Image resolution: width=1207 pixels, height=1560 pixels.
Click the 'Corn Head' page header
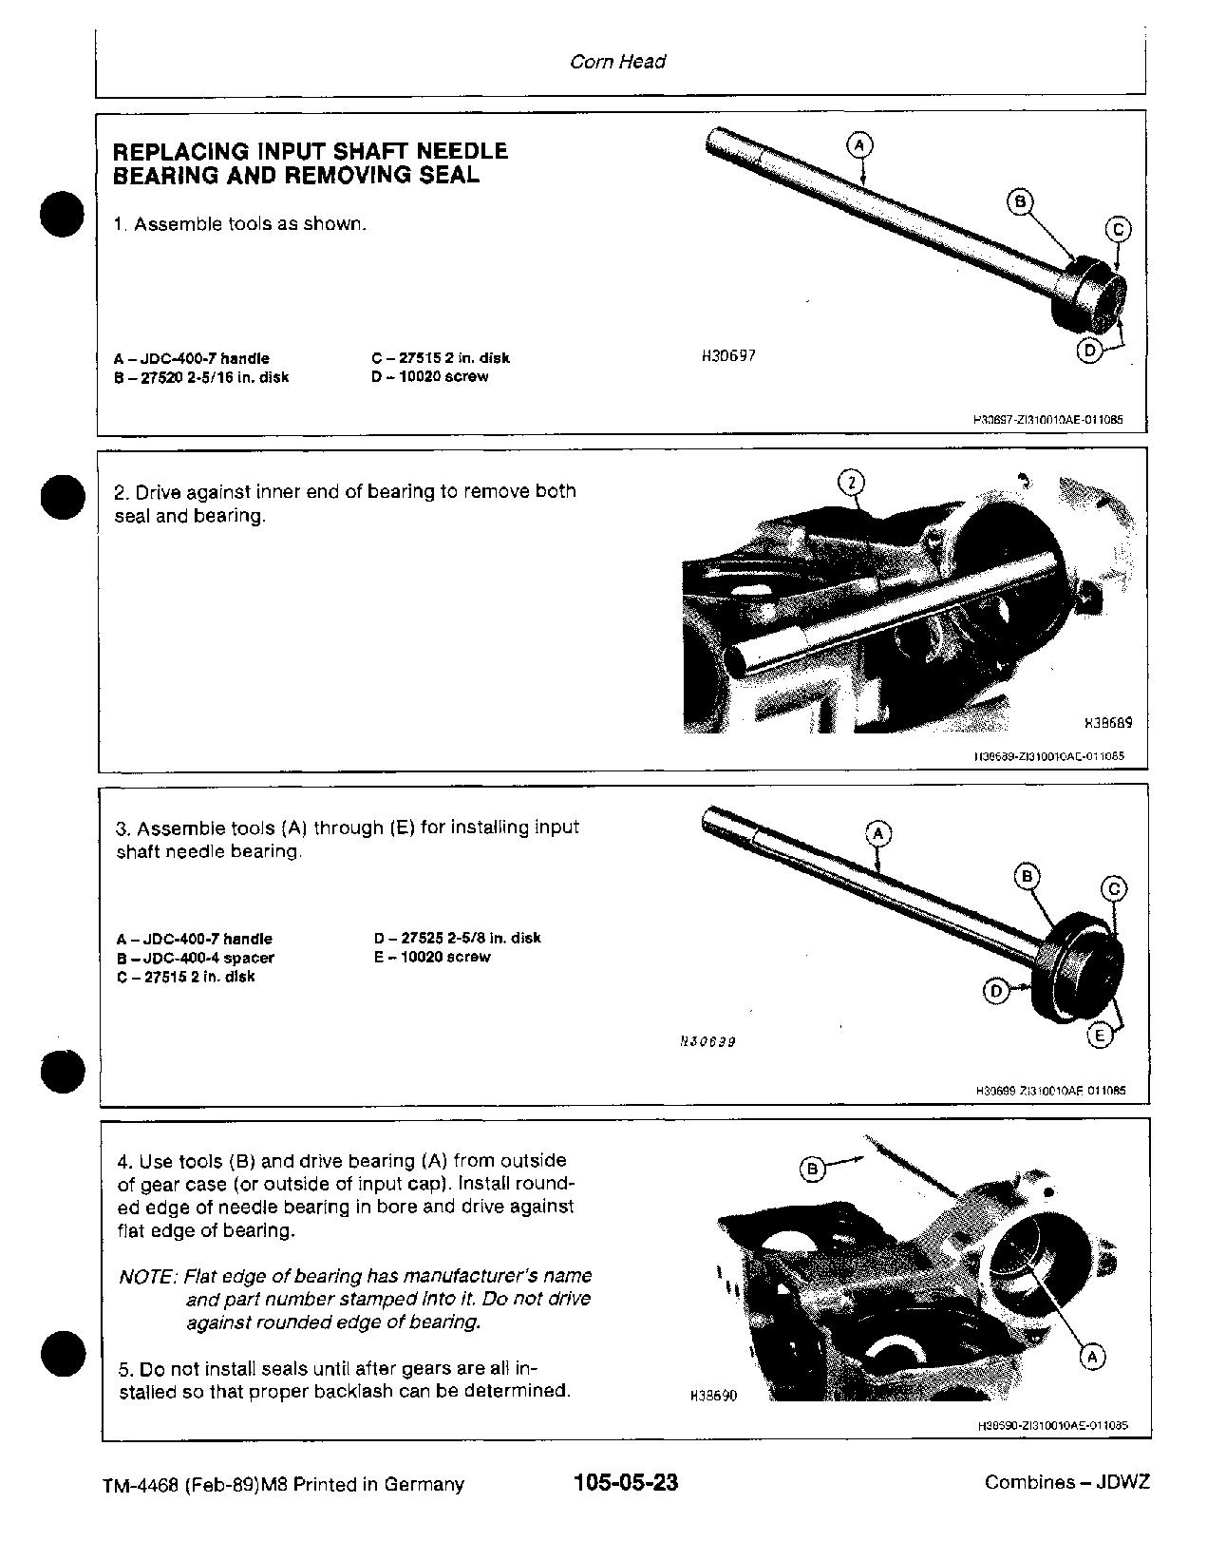click(x=617, y=62)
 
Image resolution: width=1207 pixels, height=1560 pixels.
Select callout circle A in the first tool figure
click(x=858, y=145)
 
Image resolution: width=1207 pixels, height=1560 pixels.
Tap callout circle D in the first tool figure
click(x=1089, y=350)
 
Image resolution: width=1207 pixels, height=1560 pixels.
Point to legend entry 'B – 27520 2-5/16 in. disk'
click(x=201, y=377)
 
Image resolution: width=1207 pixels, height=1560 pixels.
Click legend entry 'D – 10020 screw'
click(x=430, y=376)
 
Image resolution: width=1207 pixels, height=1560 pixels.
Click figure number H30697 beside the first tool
click(x=728, y=356)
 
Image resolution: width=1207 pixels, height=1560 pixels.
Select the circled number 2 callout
click(x=852, y=483)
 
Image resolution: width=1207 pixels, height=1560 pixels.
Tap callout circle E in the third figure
click(x=1100, y=1036)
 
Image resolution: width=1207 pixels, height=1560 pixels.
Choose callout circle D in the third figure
click(x=995, y=992)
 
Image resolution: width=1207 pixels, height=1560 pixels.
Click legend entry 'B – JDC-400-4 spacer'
click(x=196, y=958)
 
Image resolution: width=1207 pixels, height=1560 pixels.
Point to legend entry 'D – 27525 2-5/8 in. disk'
click(x=458, y=938)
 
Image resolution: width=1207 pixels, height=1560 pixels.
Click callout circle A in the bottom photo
click(x=1092, y=1357)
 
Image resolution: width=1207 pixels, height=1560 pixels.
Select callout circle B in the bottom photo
click(x=812, y=1169)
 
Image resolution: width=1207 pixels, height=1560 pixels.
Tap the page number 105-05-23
click(x=626, y=1483)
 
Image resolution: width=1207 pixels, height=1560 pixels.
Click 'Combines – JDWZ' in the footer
click(x=1066, y=1483)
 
